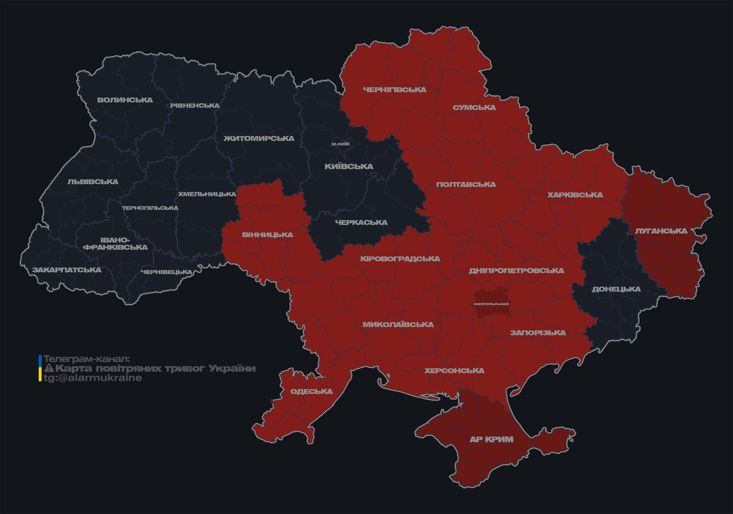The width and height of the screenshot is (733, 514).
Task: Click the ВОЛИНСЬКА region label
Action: [125, 100]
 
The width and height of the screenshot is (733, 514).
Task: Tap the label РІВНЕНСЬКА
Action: [195, 106]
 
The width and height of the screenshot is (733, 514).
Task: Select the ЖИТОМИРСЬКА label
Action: [259, 139]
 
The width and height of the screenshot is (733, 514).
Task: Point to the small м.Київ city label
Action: [341, 144]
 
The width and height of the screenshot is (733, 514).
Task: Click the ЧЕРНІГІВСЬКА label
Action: [395, 90]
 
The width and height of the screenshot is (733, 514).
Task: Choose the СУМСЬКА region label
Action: [474, 108]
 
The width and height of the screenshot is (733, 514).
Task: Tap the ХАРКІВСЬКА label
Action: [575, 195]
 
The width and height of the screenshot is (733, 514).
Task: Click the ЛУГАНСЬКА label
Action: [661, 231]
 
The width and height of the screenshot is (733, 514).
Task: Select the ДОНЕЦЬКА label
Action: [616, 289]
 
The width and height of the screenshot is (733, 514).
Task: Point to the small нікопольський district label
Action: [491, 304]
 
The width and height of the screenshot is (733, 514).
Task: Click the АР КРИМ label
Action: [491, 439]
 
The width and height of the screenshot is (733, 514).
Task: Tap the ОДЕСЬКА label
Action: [311, 391]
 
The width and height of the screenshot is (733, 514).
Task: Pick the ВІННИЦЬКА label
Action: [267, 235]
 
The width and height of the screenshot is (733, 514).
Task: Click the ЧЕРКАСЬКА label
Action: [361, 223]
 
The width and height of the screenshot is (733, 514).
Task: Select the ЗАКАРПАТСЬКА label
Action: [67, 270]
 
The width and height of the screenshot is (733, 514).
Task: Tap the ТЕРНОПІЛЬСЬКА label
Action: [150, 208]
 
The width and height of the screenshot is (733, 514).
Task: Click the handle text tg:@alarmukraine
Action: [93, 378]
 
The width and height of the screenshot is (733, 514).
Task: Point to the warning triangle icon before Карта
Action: [49, 368]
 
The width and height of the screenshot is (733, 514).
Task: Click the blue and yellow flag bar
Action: [40, 368]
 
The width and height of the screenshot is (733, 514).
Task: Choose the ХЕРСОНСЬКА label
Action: [454, 371]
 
